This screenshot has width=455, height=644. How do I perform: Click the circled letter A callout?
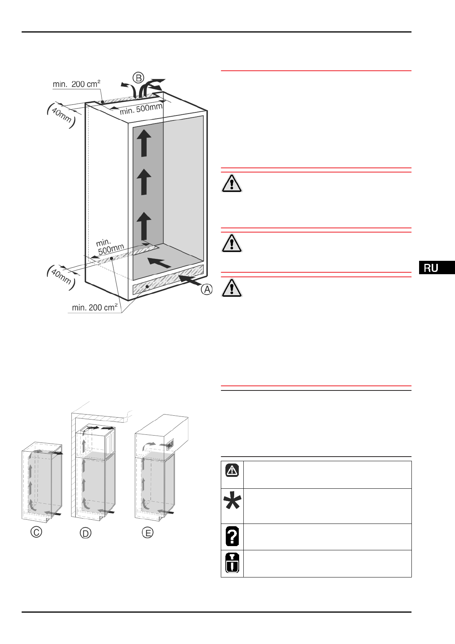click(207, 289)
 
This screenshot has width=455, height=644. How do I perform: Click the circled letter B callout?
click(138, 78)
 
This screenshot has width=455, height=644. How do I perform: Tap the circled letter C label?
click(36, 532)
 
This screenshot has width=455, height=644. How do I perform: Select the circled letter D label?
click(86, 533)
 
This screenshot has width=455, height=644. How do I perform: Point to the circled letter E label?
click(147, 532)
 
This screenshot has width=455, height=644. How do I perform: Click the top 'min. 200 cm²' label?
click(76, 84)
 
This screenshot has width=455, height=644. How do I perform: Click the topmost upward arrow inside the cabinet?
click(144, 143)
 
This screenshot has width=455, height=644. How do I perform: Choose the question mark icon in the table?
click(232, 536)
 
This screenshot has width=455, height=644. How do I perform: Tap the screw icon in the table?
click(232, 563)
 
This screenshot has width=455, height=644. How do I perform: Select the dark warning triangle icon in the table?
click(232, 470)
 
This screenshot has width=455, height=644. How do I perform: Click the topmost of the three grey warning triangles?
click(232, 183)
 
